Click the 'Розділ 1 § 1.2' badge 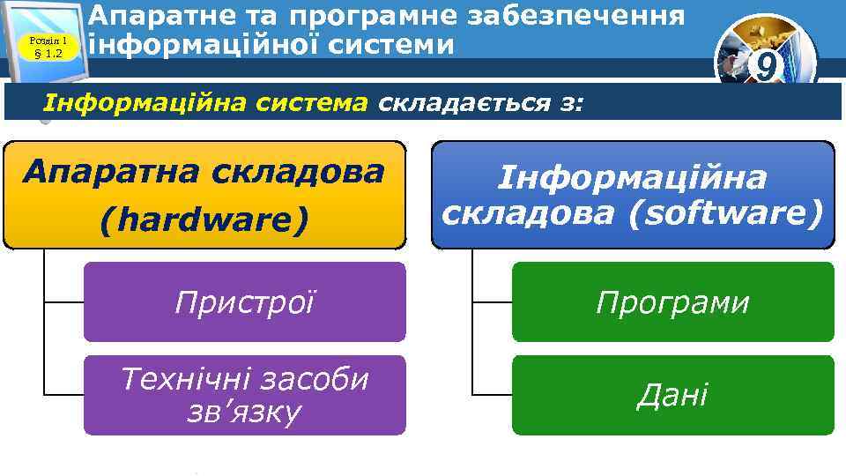pos(48,47)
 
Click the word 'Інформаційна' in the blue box pos(633,179)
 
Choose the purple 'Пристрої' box pos(244,302)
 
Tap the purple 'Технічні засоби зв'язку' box pos(244,395)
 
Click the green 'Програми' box pos(672,302)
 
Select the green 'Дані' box pos(672,395)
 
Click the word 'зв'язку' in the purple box pos(245,412)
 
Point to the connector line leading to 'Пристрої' pos(63,301)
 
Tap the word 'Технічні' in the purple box pos(181,379)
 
